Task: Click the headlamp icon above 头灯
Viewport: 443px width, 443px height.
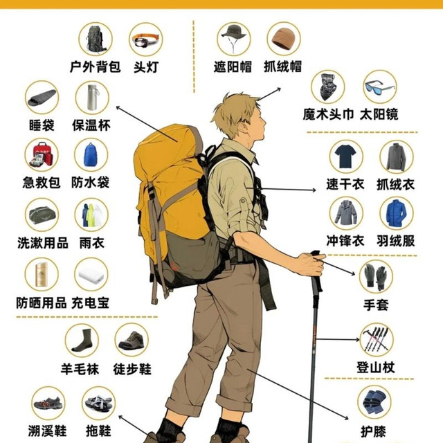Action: [146, 40]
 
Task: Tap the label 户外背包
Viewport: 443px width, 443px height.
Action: [96, 67]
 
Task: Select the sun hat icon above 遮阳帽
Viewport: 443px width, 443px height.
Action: [234, 38]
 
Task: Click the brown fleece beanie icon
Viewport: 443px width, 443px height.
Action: [283, 39]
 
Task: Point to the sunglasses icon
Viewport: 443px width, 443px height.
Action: [379, 87]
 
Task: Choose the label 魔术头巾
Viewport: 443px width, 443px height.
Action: [328, 114]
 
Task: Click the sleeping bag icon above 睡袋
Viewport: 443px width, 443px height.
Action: [42, 98]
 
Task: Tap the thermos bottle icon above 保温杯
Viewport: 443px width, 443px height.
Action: [92, 97]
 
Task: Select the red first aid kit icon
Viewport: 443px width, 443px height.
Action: [42, 155]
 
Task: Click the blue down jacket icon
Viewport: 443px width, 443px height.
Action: [397, 214]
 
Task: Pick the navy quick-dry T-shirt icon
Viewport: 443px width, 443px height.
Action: [345, 156]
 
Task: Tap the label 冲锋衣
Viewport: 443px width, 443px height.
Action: [345, 241]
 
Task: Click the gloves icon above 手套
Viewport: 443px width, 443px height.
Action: [376, 277]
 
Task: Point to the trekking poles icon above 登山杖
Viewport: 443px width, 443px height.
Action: [377, 339]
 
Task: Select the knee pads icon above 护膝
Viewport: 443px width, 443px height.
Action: [374, 402]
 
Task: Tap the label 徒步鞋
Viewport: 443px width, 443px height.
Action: [132, 369]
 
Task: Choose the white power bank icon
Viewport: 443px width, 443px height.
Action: [91, 275]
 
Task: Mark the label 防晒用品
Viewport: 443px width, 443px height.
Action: [42, 303]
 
